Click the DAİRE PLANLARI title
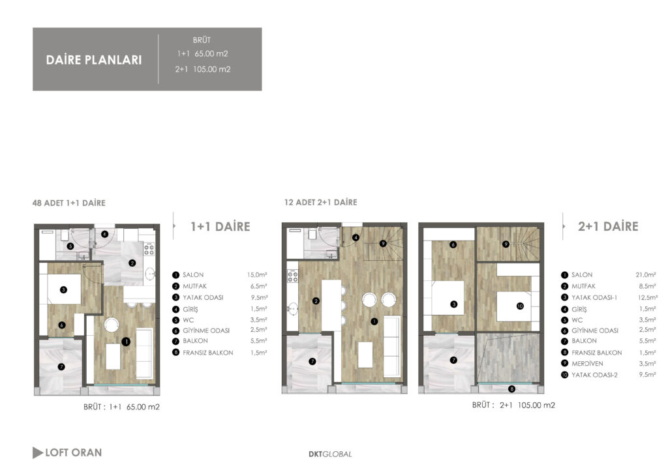[x=94, y=60]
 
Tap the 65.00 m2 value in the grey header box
[x=211, y=54]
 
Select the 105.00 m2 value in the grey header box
[x=212, y=69]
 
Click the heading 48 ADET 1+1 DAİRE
[x=69, y=203]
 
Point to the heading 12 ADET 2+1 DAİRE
[x=321, y=202]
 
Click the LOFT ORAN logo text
[x=73, y=452]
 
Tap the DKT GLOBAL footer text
[x=330, y=454]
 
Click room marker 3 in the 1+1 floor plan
[x=63, y=290]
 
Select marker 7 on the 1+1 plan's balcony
[x=61, y=366]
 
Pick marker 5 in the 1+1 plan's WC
[x=70, y=246]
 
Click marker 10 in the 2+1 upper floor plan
[x=520, y=306]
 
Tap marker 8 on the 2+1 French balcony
[x=511, y=389]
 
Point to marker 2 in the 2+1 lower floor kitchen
[x=316, y=301]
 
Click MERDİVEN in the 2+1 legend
[x=587, y=364]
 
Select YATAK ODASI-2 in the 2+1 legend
[x=594, y=375]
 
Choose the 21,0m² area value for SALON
[x=646, y=275]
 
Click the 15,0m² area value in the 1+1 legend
[x=257, y=275]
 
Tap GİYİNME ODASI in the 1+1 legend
[x=206, y=331]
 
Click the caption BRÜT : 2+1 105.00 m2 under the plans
[x=513, y=406]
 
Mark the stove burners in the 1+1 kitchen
[x=149, y=250]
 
